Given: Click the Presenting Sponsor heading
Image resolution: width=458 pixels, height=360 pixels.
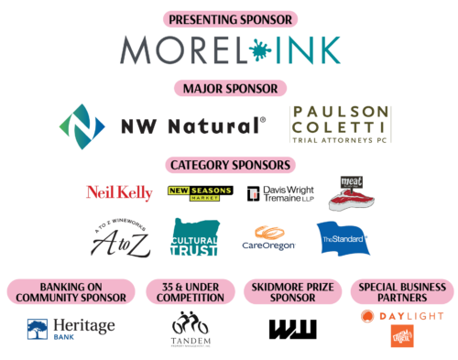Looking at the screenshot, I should [x=229, y=18].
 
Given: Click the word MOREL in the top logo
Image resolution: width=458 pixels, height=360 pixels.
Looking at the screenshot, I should [x=176, y=51].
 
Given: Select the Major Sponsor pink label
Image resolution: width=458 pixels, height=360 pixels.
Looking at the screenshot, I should [x=229, y=89].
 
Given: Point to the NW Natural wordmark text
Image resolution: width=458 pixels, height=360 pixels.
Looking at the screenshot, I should [x=192, y=126].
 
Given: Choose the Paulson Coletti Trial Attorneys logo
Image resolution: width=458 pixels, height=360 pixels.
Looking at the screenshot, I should [x=339, y=125].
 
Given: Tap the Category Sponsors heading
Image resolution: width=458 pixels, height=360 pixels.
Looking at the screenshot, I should [x=229, y=165].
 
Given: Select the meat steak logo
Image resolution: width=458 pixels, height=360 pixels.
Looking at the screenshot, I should [x=352, y=192].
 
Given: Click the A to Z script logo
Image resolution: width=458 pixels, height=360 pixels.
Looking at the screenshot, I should [x=118, y=240].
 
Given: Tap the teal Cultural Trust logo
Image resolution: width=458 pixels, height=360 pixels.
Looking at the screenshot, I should [x=195, y=237].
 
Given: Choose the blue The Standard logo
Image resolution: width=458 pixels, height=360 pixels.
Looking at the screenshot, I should [x=342, y=239].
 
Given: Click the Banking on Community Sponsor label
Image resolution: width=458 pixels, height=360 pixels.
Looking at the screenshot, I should [x=71, y=291].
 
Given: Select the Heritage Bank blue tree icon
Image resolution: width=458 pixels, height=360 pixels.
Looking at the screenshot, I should [x=38, y=329].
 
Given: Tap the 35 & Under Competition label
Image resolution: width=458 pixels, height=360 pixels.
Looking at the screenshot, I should [x=191, y=291].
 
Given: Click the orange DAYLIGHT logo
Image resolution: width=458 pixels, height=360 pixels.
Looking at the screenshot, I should [x=402, y=316].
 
